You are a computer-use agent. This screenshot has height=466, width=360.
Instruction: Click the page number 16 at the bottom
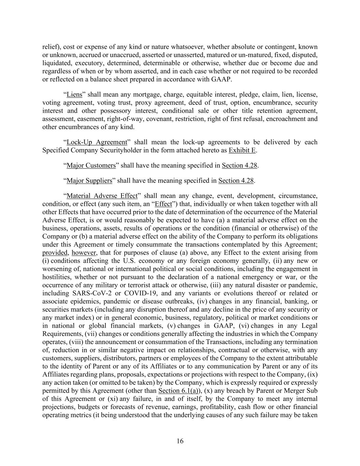click(180, 441)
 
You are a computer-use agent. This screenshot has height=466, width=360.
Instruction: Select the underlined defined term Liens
click(74, 95)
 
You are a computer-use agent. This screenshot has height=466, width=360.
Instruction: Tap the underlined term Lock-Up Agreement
click(97, 142)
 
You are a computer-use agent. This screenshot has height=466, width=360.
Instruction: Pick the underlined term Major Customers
click(91, 166)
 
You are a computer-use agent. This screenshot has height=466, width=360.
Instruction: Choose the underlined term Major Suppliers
click(89, 181)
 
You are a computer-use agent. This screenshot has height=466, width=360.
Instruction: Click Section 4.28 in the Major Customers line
click(239, 166)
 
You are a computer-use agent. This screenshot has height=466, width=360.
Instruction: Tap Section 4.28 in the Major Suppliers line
click(236, 181)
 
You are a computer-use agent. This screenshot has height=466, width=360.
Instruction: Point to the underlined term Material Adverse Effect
click(102, 196)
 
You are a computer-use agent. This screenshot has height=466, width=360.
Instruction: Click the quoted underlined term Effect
click(163, 204)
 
